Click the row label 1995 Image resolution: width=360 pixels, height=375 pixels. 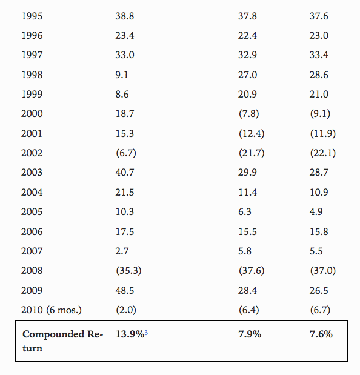[x=32, y=16]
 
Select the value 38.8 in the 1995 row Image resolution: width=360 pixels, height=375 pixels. [x=125, y=16]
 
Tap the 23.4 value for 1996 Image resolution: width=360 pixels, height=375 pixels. [x=125, y=35]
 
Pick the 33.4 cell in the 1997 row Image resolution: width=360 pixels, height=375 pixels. [x=319, y=55]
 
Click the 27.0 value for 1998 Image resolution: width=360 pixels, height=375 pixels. [x=247, y=75]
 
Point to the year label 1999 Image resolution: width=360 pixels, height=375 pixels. [x=32, y=95]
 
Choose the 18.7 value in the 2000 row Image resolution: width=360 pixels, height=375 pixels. [x=125, y=114]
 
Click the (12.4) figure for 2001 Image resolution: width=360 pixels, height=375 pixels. [x=252, y=133]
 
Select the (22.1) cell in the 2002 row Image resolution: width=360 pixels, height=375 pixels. [x=323, y=153]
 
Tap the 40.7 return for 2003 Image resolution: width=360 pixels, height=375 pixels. [x=125, y=173]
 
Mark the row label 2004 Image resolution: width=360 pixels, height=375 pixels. [x=32, y=192]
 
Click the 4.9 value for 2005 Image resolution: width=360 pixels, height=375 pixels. [x=316, y=211]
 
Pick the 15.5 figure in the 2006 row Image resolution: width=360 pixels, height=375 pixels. [x=247, y=232]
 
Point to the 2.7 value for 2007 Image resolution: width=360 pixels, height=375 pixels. [x=122, y=251]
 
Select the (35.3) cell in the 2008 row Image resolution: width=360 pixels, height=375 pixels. [x=128, y=271]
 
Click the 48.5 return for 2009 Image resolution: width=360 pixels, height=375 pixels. [x=125, y=291]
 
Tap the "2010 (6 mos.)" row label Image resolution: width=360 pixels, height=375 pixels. [x=52, y=310]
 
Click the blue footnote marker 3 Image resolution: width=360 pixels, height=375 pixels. [x=146, y=333]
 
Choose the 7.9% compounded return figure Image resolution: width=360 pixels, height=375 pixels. [x=250, y=334]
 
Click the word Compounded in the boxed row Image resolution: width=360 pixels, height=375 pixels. [x=53, y=334]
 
